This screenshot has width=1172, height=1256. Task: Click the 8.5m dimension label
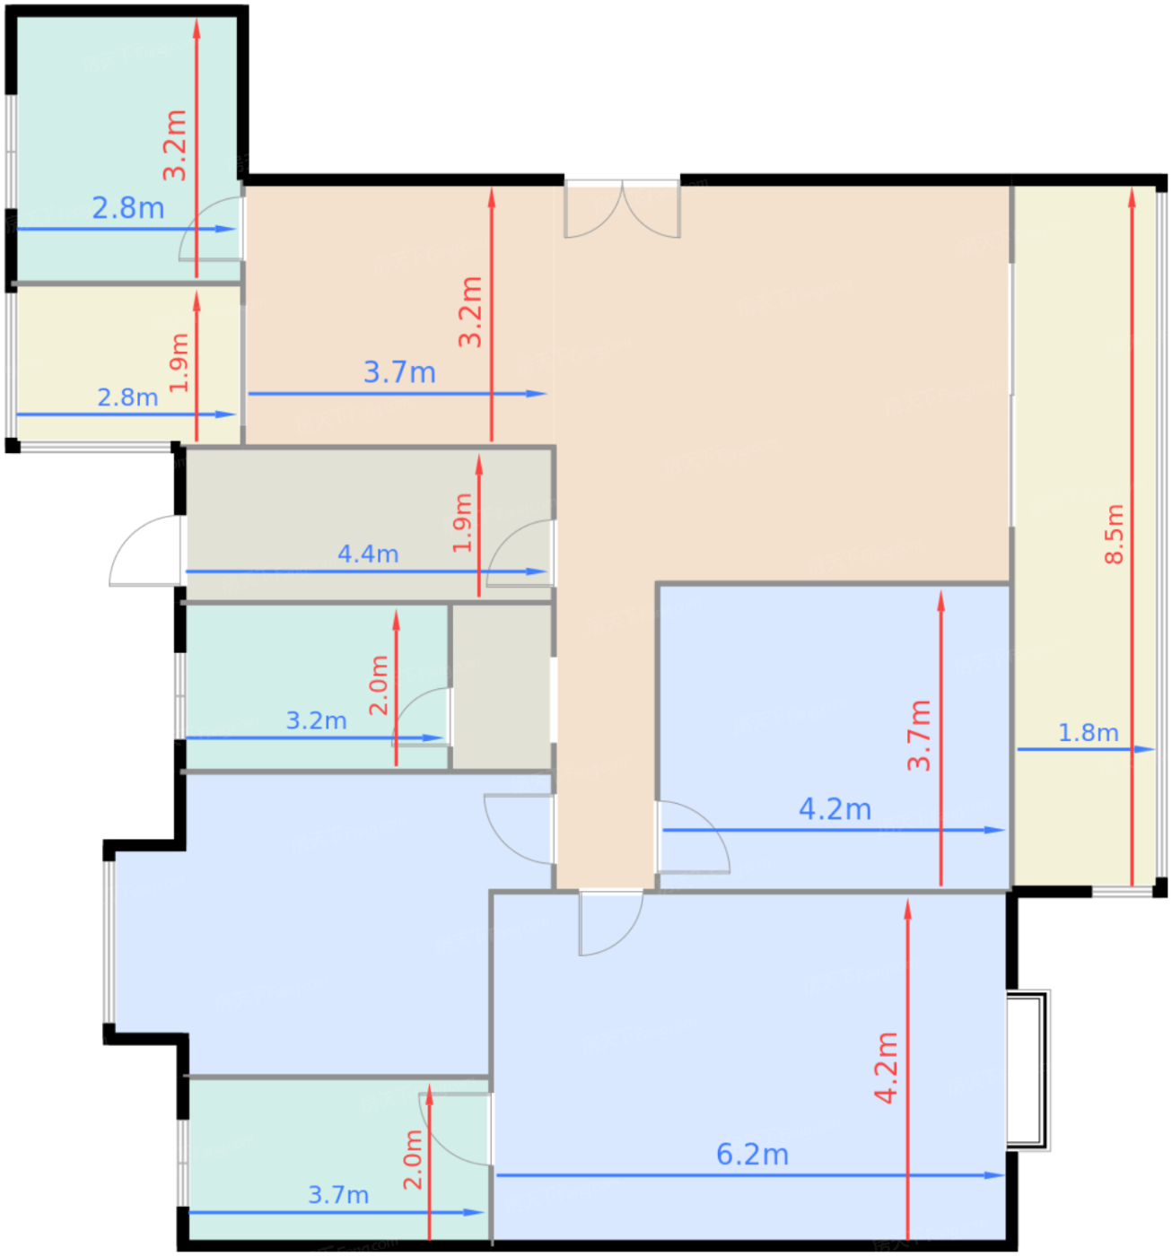pyautogui.click(x=1113, y=535)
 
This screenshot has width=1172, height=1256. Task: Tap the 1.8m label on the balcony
pyautogui.click(x=1088, y=732)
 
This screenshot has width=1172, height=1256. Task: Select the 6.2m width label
pyautogui.click(x=752, y=1155)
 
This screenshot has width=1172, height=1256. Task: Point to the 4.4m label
pyautogui.click(x=368, y=554)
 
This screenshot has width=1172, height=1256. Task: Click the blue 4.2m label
pyautogui.click(x=834, y=809)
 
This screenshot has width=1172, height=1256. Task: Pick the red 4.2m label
pyautogui.click(x=886, y=1068)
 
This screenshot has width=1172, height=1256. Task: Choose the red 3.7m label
pyautogui.click(x=919, y=735)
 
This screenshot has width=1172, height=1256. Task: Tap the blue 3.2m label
pyautogui.click(x=317, y=720)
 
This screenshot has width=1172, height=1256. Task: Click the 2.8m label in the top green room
pyautogui.click(x=128, y=208)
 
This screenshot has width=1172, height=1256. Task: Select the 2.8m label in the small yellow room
pyautogui.click(x=127, y=397)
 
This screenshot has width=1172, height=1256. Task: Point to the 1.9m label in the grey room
pyautogui.click(x=462, y=523)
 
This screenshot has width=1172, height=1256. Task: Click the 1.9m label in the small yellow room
pyautogui.click(x=179, y=362)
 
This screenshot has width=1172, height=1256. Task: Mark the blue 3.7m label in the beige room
pyautogui.click(x=399, y=372)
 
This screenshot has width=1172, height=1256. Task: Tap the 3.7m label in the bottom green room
pyautogui.click(x=338, y=1195)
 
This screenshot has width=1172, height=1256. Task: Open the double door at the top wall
pyautogui.click(x=622, y=209)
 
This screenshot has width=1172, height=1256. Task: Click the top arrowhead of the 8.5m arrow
pyautogui.click(x=1132, y=197)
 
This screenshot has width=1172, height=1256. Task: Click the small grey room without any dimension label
pyautogui.click(x=502, y=686)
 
